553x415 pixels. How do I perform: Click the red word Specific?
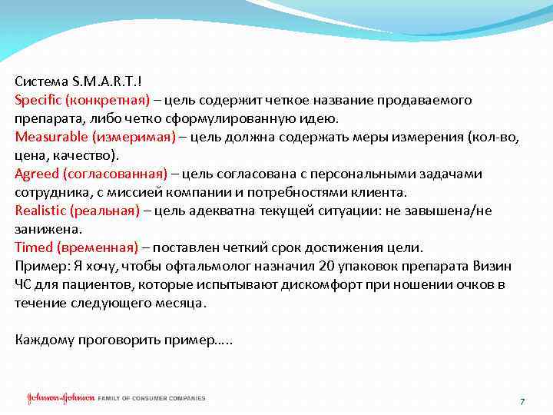tap(38, 101)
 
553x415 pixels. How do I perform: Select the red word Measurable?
tap(51, 138)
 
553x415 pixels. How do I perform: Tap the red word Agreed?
tap(36, 174)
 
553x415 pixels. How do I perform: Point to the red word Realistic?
tap(40, 211)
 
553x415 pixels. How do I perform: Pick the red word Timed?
tap(33, 248)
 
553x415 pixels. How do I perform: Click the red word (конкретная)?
tap(107, 101)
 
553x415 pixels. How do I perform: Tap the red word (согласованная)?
tap(114, 174)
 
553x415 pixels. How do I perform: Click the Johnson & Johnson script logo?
tap(61, 398)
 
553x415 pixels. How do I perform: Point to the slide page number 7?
tap(522, 402)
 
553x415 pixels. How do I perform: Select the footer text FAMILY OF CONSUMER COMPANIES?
tap(152, 398)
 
